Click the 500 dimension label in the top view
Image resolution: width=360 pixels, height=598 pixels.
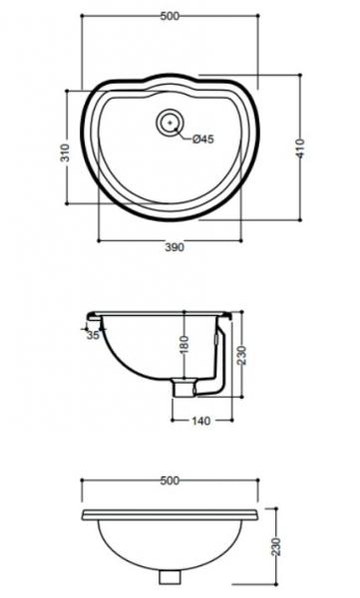tap(169, 16)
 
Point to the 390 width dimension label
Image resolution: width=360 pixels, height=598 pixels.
tap(179, 249)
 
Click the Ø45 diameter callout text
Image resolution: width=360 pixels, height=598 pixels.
tap(202, 140)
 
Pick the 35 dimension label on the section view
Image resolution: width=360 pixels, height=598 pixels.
tap(93, 336)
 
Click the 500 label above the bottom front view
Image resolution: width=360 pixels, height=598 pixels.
tap(169, 480)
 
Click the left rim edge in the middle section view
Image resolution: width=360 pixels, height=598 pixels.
tap(91, 316)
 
